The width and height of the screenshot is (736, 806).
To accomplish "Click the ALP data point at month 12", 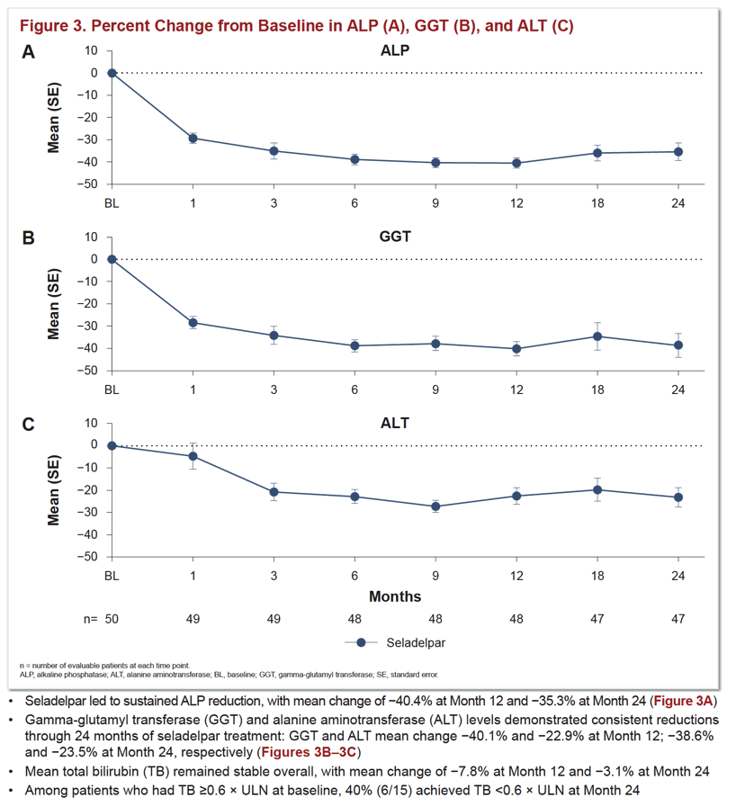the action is click(x=516, y=164).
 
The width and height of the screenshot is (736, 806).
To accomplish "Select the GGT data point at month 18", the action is click(x=597, y=336).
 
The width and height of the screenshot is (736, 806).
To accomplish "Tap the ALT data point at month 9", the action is click(x=435, y=506).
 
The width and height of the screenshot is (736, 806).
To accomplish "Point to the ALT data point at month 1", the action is click(x=193, y=456).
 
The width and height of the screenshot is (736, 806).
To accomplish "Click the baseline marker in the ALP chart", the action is click(x=112, y=73).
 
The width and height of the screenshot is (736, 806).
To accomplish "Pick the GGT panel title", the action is click(x=395, y=237).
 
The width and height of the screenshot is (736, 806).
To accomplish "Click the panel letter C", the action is click(x=28, y=425).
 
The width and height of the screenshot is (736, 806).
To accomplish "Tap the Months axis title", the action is click(x=395, y=596).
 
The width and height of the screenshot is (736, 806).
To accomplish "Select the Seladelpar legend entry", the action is click(x=395, y=642).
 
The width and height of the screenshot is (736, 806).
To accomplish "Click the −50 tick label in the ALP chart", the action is click(x=87, y=184).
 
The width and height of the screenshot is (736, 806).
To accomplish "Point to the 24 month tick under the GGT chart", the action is click(x=678, y=390).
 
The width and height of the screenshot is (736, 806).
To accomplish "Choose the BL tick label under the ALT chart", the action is click(x=112, y=576).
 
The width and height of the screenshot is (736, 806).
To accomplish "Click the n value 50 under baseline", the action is click(x=112, y=619).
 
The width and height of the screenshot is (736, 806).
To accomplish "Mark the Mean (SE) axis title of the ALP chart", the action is click(x=53, y=118).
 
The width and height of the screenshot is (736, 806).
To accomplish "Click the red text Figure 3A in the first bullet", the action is click(x=683, y=701).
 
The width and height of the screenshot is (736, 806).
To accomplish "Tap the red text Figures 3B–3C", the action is click(x=309, y=752).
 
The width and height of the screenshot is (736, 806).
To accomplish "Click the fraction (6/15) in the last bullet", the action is click(x=394, y=790).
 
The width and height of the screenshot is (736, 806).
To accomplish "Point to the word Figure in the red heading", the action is click(x=44, y=26).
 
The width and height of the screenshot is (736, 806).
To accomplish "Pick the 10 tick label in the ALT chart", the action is click(x=91, y=423).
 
